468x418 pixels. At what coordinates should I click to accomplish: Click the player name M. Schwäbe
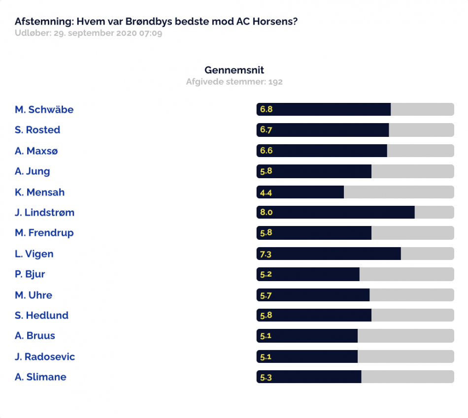pyautogui.click(x=44, y=109)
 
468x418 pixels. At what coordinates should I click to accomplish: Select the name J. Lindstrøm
pyautogui.click(x=44, y=212)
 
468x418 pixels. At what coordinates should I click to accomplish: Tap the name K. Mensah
pyautogui.click(x=40, y=192)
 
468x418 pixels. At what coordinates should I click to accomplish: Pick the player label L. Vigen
pyautogui.click(x=34, y=254)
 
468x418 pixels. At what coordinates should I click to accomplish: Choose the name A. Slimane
pyautogui.click(x=40, y=377)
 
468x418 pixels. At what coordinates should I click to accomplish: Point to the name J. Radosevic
pyautogui.click(x=45, y=356)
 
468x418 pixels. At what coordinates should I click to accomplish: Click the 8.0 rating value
pyautogui.click(x=266, y=212)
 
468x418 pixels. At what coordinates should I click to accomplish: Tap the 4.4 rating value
pyautogui.click(x=266, y=193)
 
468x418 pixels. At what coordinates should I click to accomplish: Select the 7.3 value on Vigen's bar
pyautogui.click(x=266, y=254)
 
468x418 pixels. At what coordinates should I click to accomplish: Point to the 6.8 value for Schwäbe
pyautogui.click(x=266, y=109)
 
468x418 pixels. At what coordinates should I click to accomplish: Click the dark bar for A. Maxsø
pyautogui.click(x=322, y=151)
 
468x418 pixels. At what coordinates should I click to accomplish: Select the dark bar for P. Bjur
pyautogui.click(x=308, y=274)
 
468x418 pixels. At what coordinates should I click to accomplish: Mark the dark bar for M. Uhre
pyautogui.click(x=313, y=295)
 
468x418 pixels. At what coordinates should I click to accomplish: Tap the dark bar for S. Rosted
pyautogui.click(x=323, y=130)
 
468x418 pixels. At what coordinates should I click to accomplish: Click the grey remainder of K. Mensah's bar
pyautogui.click(x=399, y=192)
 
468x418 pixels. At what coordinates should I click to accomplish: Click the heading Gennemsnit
pyautogui.click(x=234, y=70)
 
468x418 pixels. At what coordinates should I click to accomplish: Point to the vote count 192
pyautogui.click(x=275, y=82)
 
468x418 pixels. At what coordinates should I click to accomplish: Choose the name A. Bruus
pyautogui.click(x=35, y=336)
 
